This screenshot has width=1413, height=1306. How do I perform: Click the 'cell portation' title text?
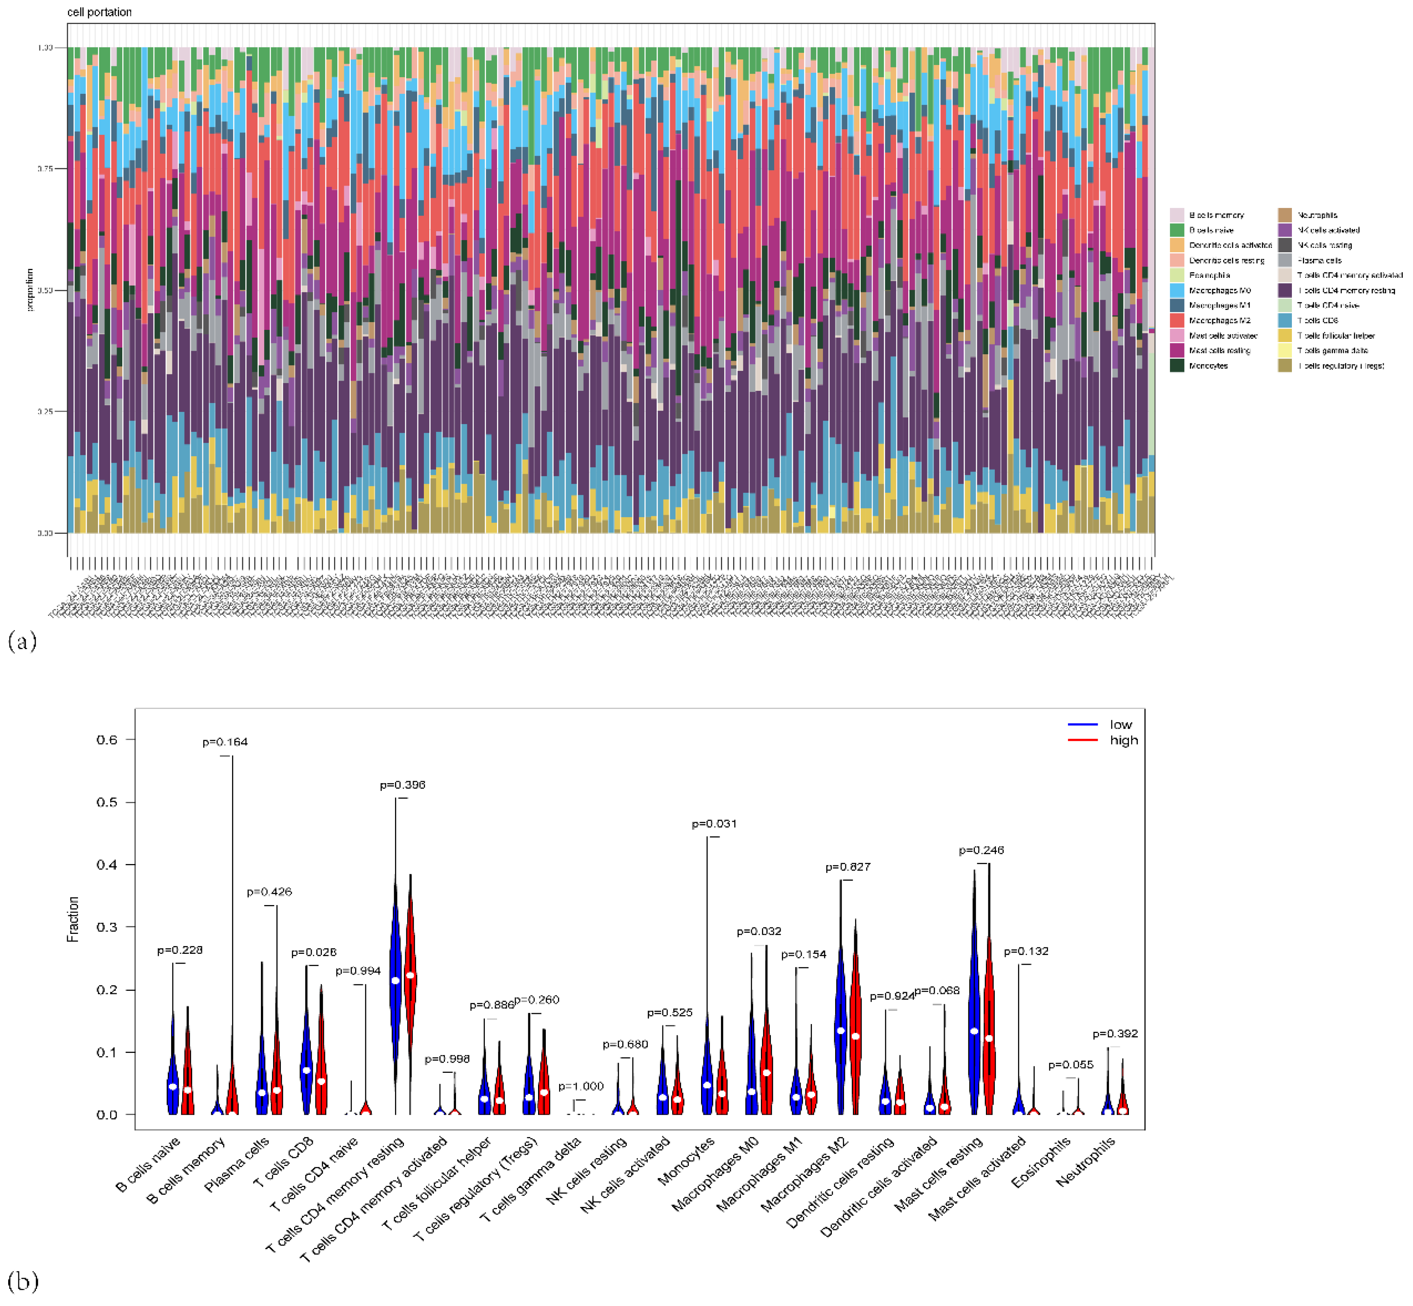[99, 12]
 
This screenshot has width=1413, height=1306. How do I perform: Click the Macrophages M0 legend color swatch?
[1176, 290]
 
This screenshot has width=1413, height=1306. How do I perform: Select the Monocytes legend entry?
[1207, 365]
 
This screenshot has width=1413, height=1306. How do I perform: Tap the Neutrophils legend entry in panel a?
[1316, 215]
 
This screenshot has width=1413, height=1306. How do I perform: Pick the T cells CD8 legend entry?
[1317, 320]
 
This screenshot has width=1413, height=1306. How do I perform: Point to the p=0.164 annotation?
[225, 741]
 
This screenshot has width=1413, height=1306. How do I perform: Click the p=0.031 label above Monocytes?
[714, 823]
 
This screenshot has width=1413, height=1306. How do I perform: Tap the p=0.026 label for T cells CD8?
[313, 952]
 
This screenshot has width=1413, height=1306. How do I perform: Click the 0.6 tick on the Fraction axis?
[107, 739]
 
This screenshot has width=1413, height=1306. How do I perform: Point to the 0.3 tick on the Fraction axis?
[107, 927]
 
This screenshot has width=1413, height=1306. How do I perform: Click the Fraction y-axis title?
[73, 919]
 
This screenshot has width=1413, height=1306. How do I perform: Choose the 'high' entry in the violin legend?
[1123, 740]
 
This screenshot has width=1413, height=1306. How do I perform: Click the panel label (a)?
[22, 641]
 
